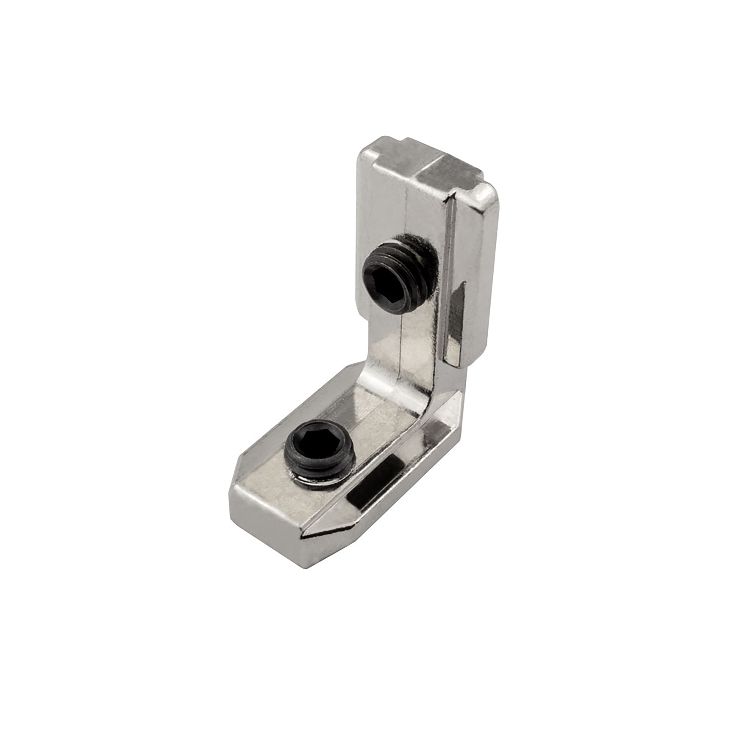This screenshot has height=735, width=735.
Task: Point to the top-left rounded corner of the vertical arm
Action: [x=363, y=152]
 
